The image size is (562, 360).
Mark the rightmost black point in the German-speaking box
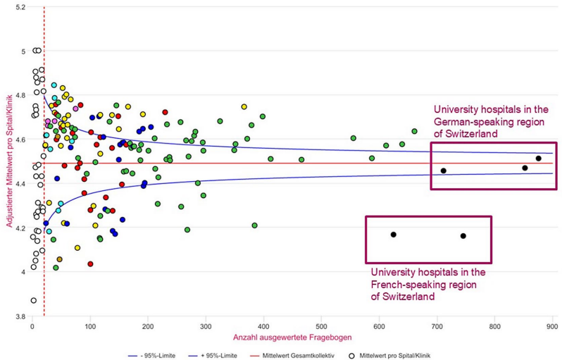[x=538, y=159]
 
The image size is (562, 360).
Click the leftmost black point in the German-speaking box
[x=443, y=170]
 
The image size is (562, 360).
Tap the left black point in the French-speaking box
[x=394, y=235]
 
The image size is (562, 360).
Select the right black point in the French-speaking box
[x=463, y=236]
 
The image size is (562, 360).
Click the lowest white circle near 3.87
[x=33, y=300]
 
